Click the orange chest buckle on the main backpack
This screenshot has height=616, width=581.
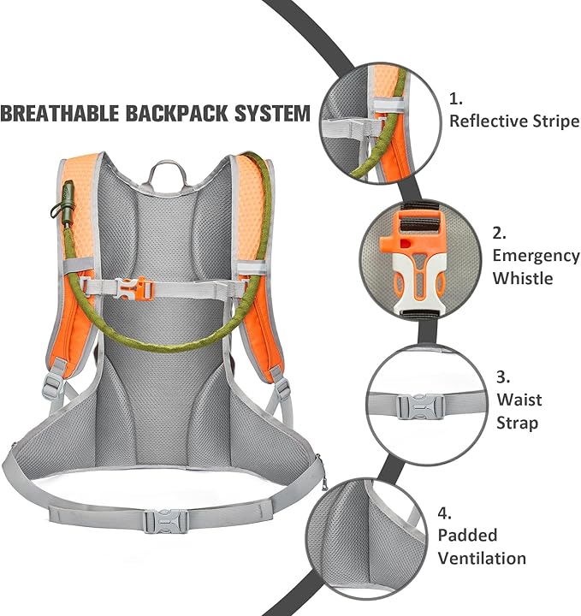[x=138, y=289]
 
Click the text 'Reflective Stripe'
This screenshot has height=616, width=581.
[x=513, y=121]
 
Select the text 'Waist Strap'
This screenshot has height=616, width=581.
[x=519, y=411]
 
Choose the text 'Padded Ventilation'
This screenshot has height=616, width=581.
[x=481, y=547]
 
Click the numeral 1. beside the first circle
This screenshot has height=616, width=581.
[x=456, y=98]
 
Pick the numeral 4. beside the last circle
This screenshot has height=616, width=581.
[x=444, y=513]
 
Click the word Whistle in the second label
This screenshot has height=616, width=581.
[x=522, y=278]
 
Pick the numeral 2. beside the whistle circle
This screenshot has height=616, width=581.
[x=499, y=232]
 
